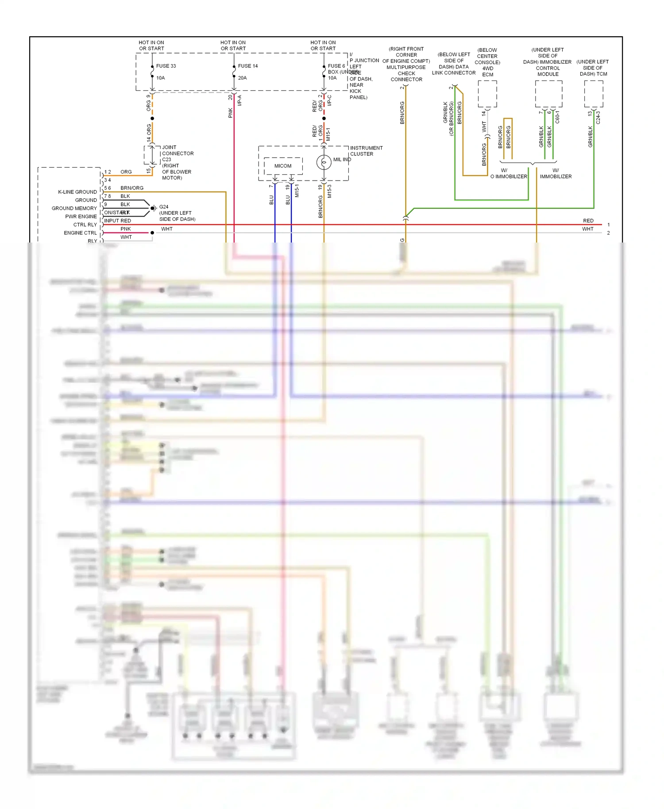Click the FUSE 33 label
[166, 66]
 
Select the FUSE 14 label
[247, 66]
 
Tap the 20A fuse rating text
[242, 78]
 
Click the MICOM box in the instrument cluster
[283, 166]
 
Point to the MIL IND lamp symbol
[324, 162]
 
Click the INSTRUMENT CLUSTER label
[366, 151]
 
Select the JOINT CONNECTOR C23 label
[177, 154]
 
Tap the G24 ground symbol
[153, 208]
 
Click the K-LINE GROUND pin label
[77, 192]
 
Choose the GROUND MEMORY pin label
[74, 208]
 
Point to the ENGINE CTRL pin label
[80, 233]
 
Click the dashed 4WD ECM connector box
[487, 93]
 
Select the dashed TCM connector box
[593, 93]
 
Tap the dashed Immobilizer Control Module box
[548, 93]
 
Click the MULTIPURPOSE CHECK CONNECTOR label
[406, 70]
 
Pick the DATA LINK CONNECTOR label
[453, 70]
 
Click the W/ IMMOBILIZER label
[556, 173]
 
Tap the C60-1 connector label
[557, 117]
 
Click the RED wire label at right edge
[588, 221]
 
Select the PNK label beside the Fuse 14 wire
[231, 113]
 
